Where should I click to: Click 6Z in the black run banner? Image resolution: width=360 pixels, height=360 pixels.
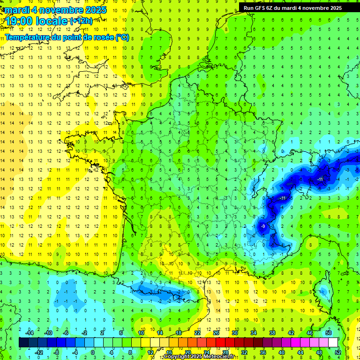pyautogui.click(x=271, y=8)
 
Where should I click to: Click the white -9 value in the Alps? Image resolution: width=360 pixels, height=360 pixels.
pyautogui.click(x=263, y=226)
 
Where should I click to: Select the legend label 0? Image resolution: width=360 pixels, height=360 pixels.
pyautogui.click(x=92, y=352)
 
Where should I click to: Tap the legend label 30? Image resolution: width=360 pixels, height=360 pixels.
pyautogui.click(x=234, y=332)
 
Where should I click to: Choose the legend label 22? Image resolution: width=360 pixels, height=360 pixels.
pyautogui.click(x=197, y=332)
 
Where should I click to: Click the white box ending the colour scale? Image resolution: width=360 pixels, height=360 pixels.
pyautogui.click(x=333, y=343)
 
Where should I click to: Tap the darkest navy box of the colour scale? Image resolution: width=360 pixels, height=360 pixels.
pyautogui.click(x=23, y=343)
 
